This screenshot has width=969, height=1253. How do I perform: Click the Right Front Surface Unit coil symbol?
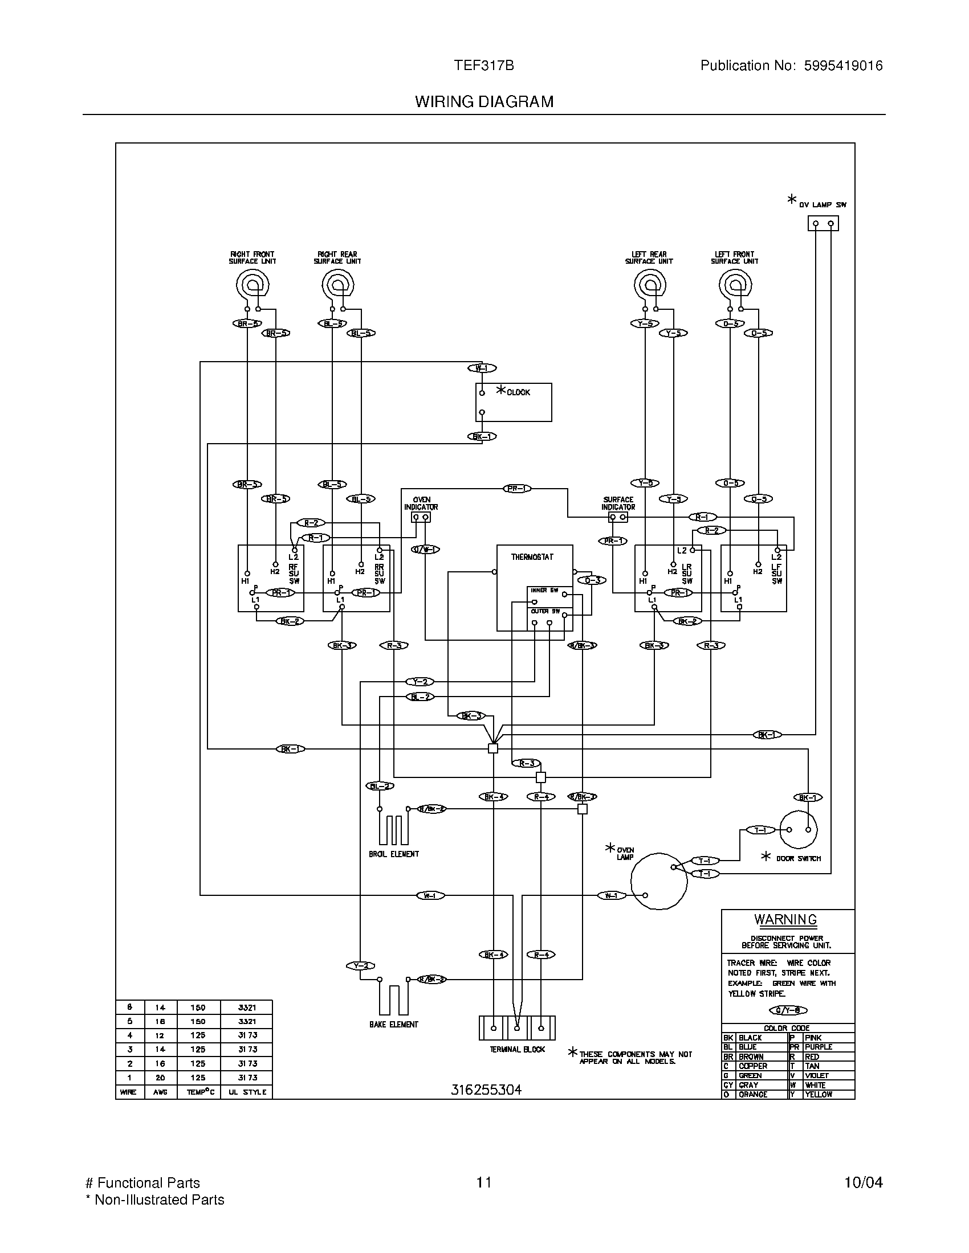pyautogui.click(x=253, y=285)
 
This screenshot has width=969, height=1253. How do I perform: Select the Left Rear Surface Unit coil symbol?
pyautogui.click(x=650, y=285)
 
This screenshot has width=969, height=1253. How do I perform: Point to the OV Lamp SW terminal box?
pyautogui.click(x=823, y=223)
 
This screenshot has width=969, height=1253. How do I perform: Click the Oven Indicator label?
pyautogui.click(x=421, y=503)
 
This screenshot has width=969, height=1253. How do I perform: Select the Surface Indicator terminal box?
pyautogui.click(x=618, y=518)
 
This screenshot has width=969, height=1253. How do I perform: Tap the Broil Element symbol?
pyautogui.click(x=393, y=830)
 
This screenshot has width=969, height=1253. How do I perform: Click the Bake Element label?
pyautogui.click(x=394, y=1024)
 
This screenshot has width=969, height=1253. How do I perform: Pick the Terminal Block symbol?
pyautogui.click(x=516, y=1028)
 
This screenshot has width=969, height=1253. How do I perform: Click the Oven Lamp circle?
pyautogui.click(x=658, y=881)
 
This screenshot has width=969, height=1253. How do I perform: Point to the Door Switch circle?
pyautogui.click(x=798, y=829)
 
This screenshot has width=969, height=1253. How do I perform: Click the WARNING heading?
pyautogui.click(x=785, y=919)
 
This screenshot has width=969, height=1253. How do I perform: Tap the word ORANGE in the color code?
pyautogui.click(x=752, y=1094)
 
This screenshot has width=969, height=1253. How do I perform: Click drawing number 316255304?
pyautogui.click(x=486, y=1090)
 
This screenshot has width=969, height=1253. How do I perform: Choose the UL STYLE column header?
pyautogui.click(x=247, y=1092)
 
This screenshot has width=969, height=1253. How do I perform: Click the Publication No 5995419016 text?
pyautogui.click(x=791, y=66)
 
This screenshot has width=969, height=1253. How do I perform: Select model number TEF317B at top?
pyautogui.click(x=483, y=66)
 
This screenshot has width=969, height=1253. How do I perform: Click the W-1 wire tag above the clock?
pyautogui.click(x=482, y=368)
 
